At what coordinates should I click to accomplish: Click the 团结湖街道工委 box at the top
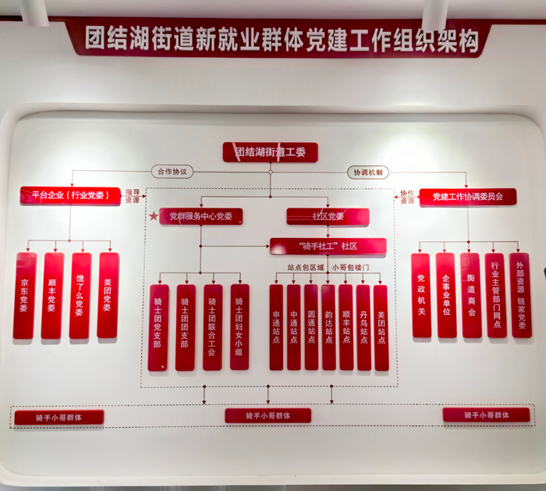[x=270, y=152]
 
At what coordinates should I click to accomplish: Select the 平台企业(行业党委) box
[x=70, y=195]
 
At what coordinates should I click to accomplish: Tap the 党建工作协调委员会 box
[x=467, y=197]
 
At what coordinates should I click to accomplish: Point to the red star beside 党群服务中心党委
[x=154, y=216]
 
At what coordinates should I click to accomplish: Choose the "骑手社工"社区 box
[x=328, y=246]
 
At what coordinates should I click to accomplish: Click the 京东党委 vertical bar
[x=25, y=295]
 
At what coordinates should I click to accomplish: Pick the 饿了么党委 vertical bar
[x=80, y=295]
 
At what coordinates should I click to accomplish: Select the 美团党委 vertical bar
[x=108, y=295]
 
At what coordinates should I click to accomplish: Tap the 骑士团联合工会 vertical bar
[x=213, y=326]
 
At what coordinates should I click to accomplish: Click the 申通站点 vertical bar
[x=276, y=326]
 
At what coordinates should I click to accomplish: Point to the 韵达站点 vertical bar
[x=328, y=326]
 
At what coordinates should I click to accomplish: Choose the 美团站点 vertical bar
[x=381, y=326]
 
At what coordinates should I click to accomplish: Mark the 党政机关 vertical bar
[x=421, y=295]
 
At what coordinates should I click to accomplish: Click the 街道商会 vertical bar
[x=470, y=295]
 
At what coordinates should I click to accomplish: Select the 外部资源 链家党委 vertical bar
[x=520, y=295]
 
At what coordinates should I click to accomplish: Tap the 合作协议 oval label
[x=172, y=172]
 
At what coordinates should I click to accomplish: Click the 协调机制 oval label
[x=367, y=172]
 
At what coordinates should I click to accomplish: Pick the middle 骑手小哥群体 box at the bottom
[x=268, y=416]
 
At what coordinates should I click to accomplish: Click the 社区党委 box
[x=327, y=216]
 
